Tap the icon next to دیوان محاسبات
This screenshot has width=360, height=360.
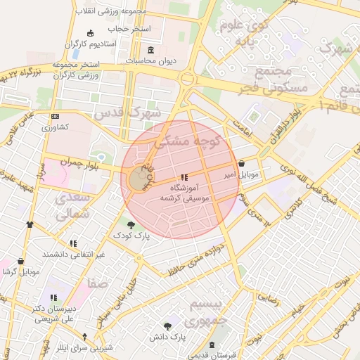151,50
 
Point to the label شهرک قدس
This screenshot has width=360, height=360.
137,112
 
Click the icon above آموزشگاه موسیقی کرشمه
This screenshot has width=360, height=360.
184,178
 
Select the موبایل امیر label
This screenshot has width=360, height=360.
242,173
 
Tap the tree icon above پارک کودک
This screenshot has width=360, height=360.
131,223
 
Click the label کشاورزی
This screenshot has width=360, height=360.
54,128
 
